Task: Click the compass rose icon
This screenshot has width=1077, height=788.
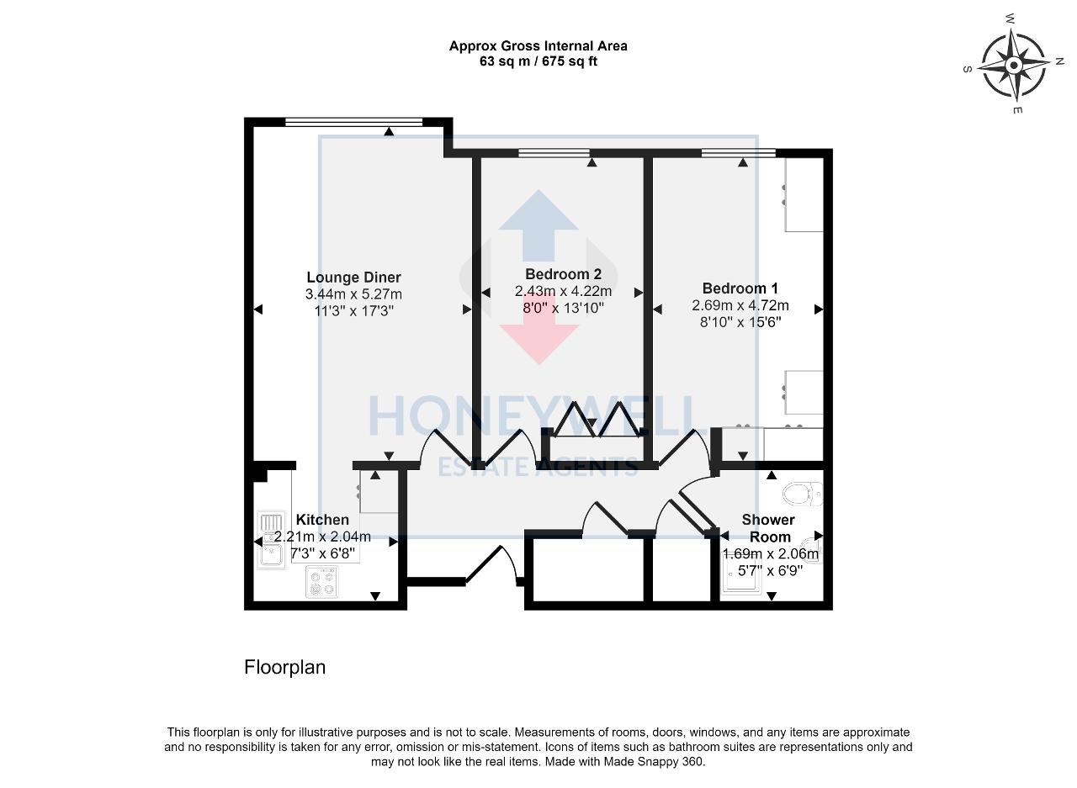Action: coord(1015,65)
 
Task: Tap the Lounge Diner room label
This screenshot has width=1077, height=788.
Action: coord(353,278)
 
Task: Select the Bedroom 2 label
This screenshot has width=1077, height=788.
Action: coord(563,274)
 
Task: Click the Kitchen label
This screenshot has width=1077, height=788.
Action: coord(322,520)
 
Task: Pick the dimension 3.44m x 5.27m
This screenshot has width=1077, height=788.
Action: coord(353,294)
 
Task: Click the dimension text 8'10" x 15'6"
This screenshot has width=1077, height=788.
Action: coord(740,321)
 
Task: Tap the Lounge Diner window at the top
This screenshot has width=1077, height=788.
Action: coord(353,122)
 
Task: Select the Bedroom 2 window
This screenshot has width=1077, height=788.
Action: coord(554,153)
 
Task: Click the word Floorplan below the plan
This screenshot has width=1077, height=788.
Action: coord(284,668)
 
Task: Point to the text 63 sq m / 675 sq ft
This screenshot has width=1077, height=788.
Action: coord(538,61)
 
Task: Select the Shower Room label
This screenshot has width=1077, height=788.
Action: coord(768,528)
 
